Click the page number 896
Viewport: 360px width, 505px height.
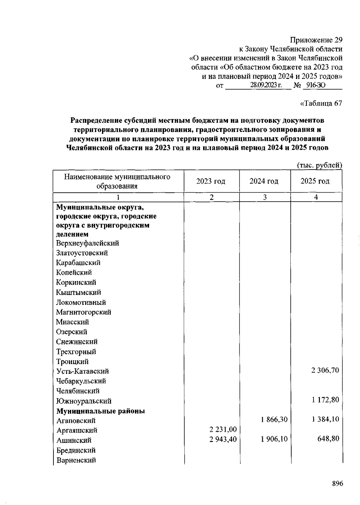337,484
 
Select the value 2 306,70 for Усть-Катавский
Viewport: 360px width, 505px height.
325,370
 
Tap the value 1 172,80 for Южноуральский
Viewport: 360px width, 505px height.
325,400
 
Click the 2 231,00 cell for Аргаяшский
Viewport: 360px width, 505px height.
223,430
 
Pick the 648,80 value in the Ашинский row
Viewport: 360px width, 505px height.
328,439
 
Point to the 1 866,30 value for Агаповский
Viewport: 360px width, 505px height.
274,419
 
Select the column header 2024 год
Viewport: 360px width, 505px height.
264,181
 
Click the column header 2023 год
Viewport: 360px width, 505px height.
211,181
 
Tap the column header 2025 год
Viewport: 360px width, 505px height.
315,181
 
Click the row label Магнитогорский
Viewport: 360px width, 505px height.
84,312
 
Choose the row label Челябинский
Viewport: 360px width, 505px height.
78,391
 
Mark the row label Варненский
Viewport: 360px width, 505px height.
76,460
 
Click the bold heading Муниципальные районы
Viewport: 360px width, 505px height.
100,411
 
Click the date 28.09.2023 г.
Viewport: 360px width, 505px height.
266,86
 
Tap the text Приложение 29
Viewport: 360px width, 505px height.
316,40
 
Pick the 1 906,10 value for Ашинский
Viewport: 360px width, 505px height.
274,439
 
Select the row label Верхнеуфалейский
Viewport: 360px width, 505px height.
88,243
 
